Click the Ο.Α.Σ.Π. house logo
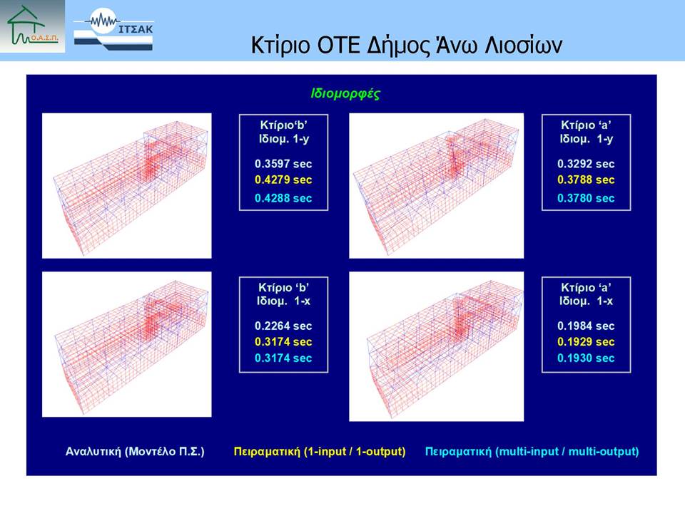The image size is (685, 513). [x=32, y=26]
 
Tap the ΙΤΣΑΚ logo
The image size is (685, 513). [x=113, y=30]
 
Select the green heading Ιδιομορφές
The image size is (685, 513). [x=345, y=94]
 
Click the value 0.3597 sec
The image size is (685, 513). [x=283, y=164]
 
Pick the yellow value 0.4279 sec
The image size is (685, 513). [x=283, y=180]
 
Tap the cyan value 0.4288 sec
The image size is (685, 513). [x=283, y=198]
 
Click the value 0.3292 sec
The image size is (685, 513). [x=586, y=164]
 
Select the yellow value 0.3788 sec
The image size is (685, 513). [x=586, y=180]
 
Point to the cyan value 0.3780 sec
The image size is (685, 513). [x=586, y=198]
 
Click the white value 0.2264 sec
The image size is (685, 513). [x=283, y=326]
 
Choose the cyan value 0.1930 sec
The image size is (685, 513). [x=586, y=358]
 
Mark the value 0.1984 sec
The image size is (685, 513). [x=586, y=326]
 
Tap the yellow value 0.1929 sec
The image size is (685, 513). [x=586, y=341]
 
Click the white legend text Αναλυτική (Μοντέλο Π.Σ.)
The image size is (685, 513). [x=135, y=452]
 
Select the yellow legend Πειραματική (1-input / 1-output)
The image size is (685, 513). [x=320, y=452]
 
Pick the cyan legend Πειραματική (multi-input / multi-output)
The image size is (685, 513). [x=532, y=452]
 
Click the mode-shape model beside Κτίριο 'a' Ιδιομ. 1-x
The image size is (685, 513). [x=437, y=346]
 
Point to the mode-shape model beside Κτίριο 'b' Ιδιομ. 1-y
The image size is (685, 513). [x=127, y=186]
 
